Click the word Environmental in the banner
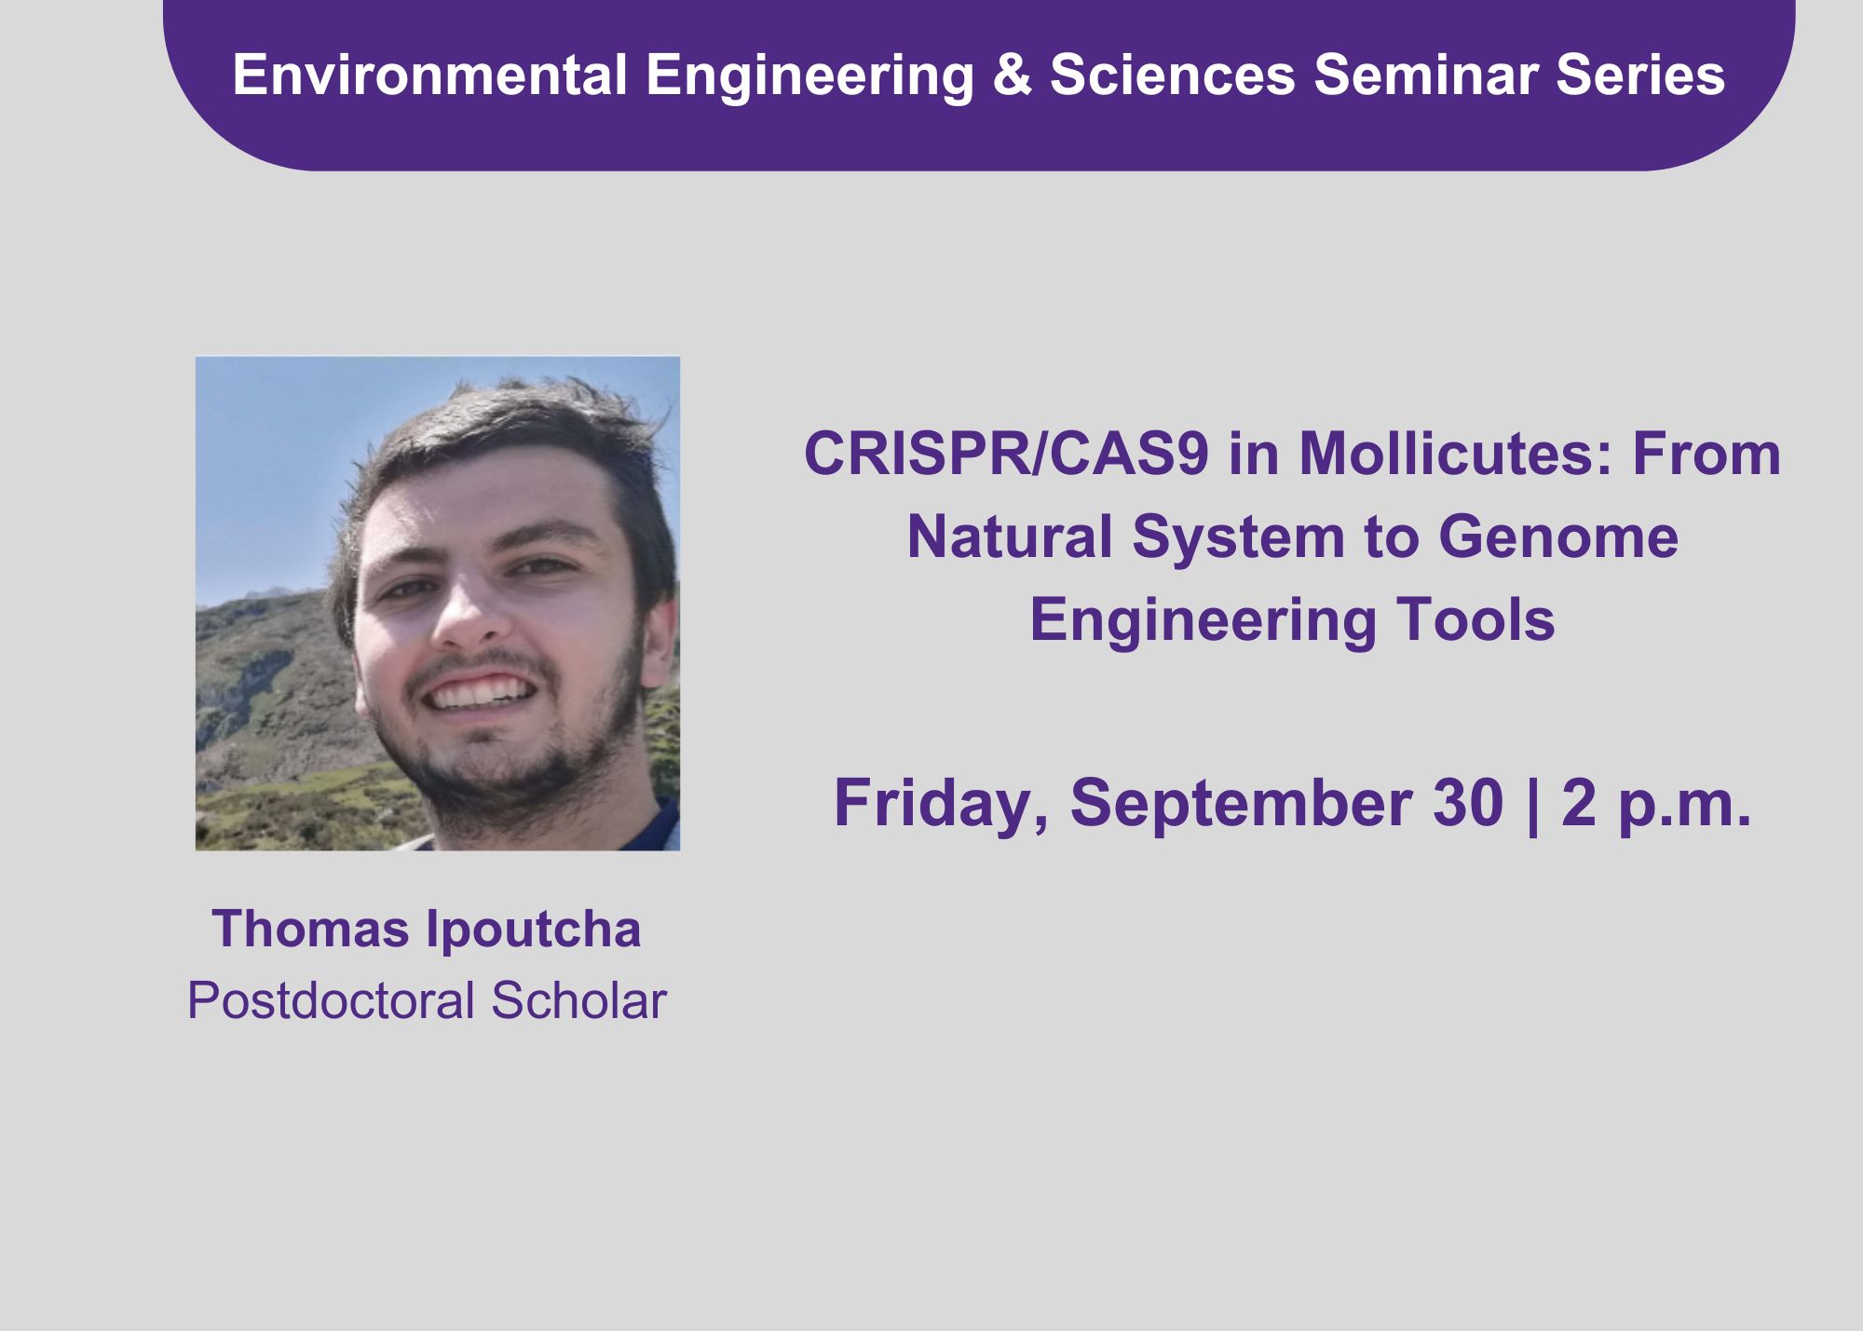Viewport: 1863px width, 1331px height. (x=429, y=75)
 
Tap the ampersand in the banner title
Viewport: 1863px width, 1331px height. (x=1013, y=75)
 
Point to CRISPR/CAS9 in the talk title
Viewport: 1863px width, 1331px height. (x=1007, y=455)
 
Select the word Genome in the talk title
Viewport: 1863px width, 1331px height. (x=1557, y=537)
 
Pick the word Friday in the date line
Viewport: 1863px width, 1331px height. (x=941, y=804)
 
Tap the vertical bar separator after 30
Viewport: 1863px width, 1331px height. (x=1533, y=805)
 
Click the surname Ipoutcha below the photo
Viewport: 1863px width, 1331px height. (x=534, y=930)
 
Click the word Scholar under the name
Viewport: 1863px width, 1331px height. (x=579, y=1000)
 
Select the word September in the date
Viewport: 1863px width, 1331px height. (x=1241, y=805)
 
